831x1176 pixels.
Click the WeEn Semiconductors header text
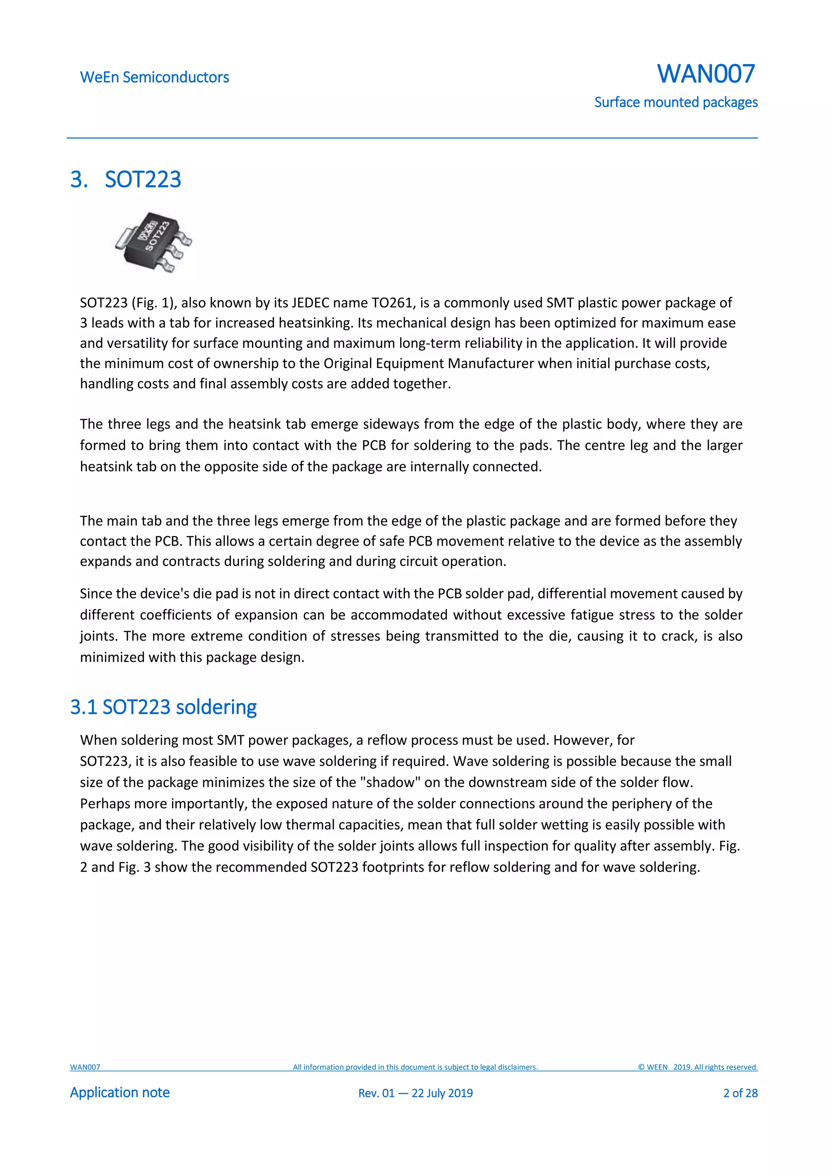(x=154, y=78)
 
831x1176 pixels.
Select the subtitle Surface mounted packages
(x=675, y=102)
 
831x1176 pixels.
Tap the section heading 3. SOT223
(x=126, y=179)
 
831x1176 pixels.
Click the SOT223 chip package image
(x=154, y=242)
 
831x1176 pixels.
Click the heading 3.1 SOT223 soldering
(x=164, y=707)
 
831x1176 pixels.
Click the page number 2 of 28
(x=740, y=1093)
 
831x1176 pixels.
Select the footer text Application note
(x=120, y=1092)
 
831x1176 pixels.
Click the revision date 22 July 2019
(x=442, y=1093)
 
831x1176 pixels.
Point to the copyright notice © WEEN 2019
(x=698, y=1067)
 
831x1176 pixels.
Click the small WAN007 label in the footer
(x=85, y=1067)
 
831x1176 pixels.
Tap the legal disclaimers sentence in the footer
(x=415, y=1067)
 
